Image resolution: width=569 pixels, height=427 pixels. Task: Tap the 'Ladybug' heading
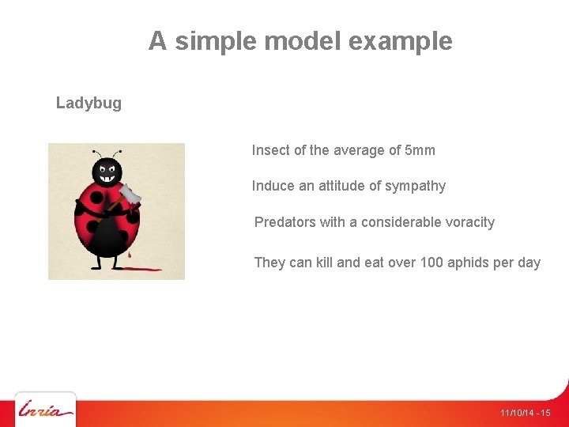(89, 103)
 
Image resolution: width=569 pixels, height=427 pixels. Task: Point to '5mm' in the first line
(419, 150)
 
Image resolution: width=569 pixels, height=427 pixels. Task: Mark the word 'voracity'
(469, 222)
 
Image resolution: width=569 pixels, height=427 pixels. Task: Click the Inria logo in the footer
(46, 410)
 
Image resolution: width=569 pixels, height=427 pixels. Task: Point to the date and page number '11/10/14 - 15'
(525, 414)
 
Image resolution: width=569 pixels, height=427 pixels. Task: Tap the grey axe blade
(130, 194)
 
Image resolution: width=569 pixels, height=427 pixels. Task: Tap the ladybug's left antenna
(96, 153)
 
